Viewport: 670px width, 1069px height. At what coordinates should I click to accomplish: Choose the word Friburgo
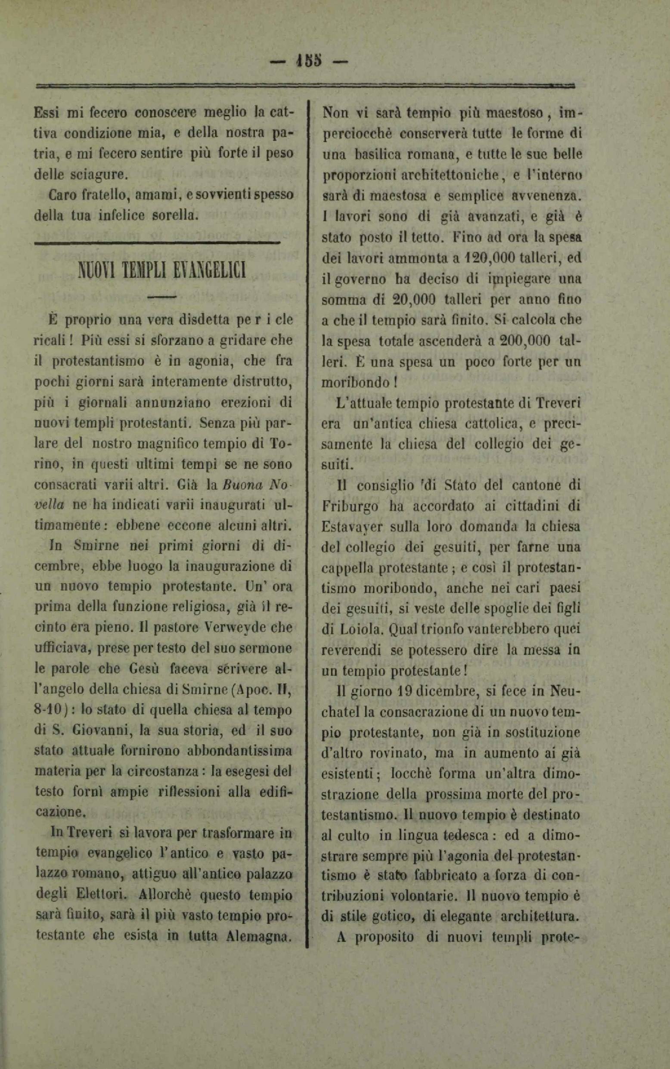(348, 506)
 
